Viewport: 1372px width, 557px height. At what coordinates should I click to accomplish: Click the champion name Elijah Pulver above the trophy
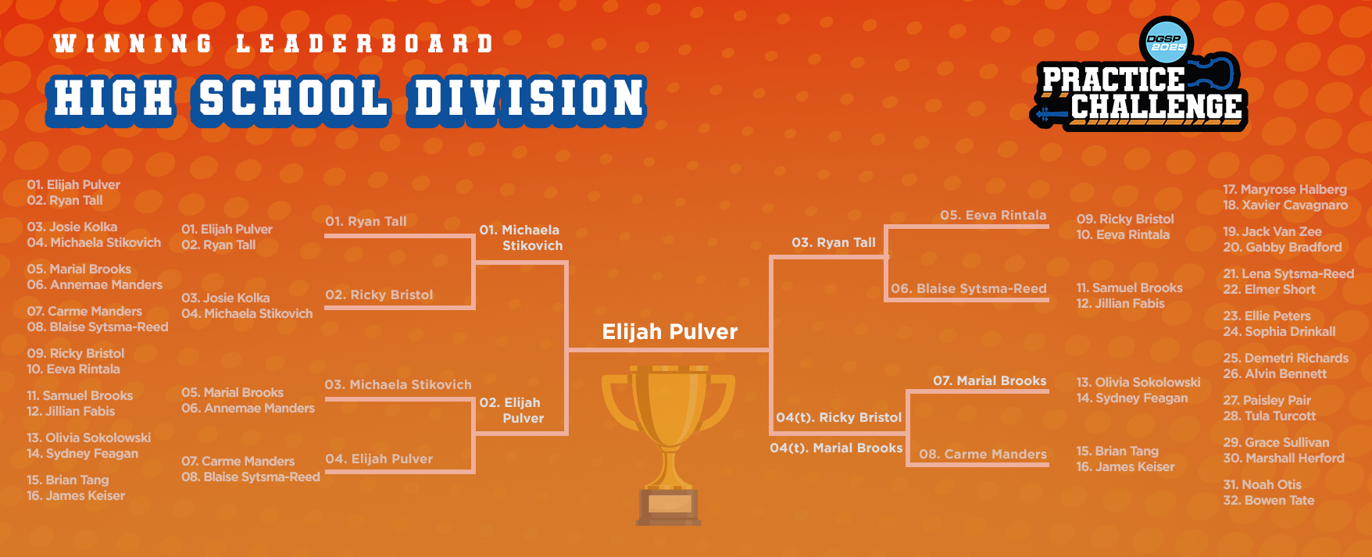pyautogui.click(x=670, y=332)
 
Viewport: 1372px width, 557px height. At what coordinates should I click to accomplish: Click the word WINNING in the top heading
pyautogui.click(x=133, y=44)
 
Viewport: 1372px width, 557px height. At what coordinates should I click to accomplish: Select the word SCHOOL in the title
pyautogui.click(x=294, y=99)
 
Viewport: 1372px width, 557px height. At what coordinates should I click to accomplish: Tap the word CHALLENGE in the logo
pyautogui.click(x=1156, y=107)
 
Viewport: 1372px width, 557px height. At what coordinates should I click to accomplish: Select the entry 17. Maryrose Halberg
pyautogui.click(x=1285, y=189)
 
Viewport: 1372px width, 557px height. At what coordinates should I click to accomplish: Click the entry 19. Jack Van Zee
pyautogui.click(x=1273, y=231)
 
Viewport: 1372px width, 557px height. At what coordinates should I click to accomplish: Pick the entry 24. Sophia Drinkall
pyautogui.click(x=1280, y=331)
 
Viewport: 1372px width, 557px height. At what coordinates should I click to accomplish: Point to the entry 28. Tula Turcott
pyautogui.click(x=1270, y=416)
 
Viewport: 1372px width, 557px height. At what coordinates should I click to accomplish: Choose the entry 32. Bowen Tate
pyautogui.click(x=1269, y=500)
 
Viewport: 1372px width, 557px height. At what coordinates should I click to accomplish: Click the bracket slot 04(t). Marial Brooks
pyautogui.click(x=836, y=448)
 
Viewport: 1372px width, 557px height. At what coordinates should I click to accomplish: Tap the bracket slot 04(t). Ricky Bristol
pyautogui.click(x=839, y=417)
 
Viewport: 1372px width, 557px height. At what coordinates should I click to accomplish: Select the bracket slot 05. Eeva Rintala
pyautogui.click(x=993, y=215)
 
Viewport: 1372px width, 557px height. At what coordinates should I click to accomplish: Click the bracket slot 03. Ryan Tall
pyautogui.click(x=834, y=242)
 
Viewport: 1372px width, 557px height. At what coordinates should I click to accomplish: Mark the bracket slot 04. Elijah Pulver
pyautogui.click(x=379, y=459)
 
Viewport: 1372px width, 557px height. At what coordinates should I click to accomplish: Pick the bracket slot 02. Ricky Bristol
pyautogui.click(x=379, y=295)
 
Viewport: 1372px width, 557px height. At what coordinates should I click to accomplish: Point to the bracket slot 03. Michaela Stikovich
pyautogui.click(x=398, y=384)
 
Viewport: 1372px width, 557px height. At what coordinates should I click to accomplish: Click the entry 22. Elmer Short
pyautogui.click(x=1270, y=289)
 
